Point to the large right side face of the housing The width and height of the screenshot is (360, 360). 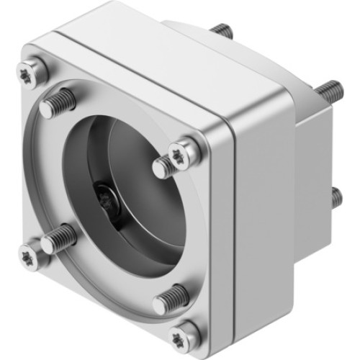[x=263, y=216]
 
